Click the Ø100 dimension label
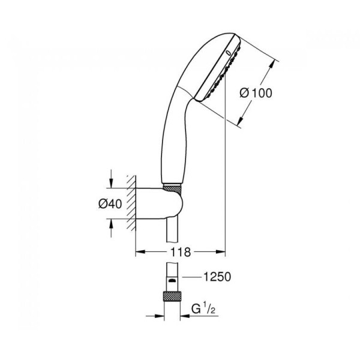point(256,93)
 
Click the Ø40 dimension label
point(110,203)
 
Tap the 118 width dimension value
point(180,252)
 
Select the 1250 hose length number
point(217,277)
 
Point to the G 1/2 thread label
point(203,309)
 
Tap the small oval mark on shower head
point(228,53)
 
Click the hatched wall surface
point(131,203)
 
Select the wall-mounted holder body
point(159,203)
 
